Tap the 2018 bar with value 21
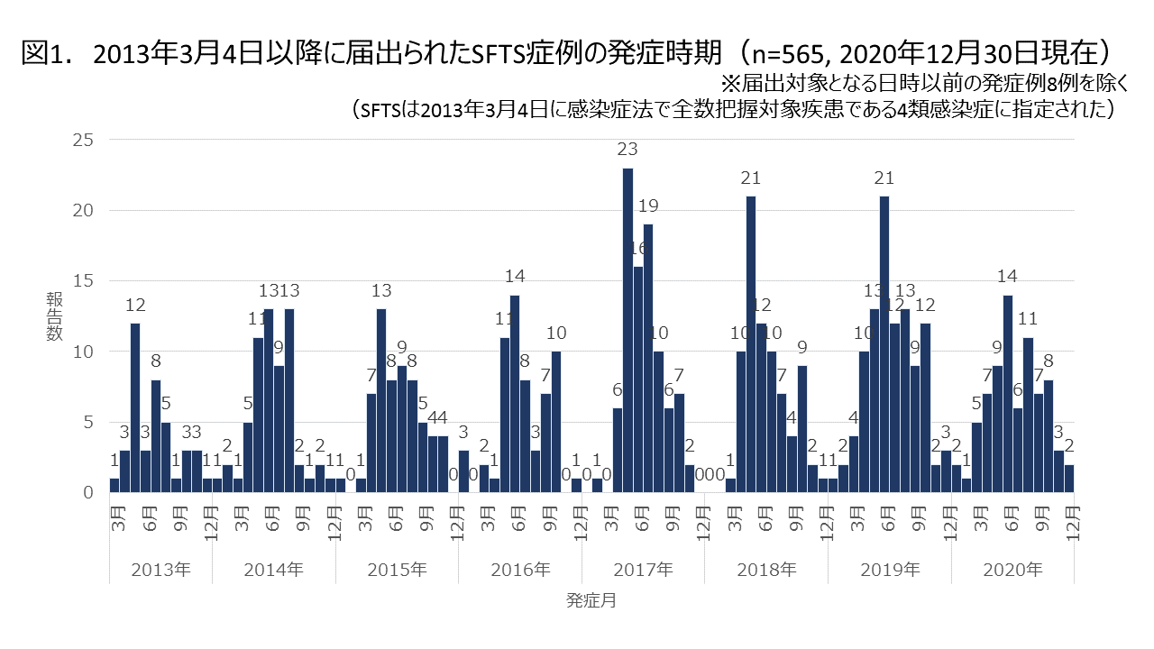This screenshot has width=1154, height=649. coord(751,343)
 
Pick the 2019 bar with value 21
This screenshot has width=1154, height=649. coord(884,343)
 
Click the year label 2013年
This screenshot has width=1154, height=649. coord(160,570)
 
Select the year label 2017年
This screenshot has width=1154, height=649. coord(643,570)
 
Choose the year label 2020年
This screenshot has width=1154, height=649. coord(1013,570)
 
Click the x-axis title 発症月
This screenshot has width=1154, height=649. coord(591,600)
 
